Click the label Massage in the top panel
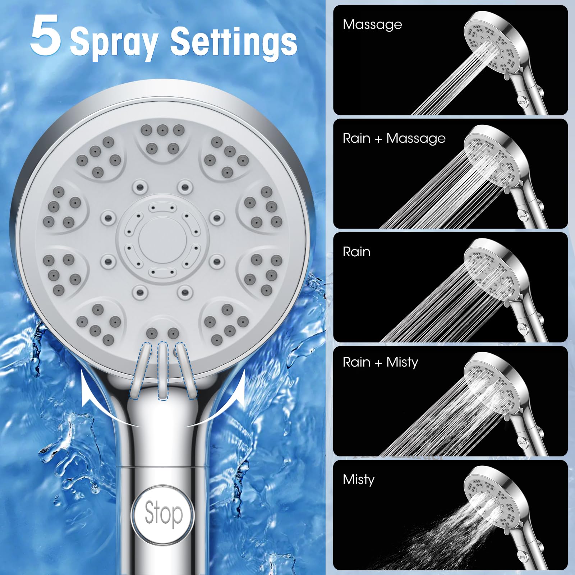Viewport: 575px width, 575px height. [x=372, y=24]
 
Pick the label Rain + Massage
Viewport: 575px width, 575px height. [x=394, y=138]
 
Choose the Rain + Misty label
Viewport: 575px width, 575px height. [x=380, y=362]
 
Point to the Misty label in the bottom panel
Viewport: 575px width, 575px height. [x=359, y=479]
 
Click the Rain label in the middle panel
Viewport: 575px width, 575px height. [x=356, y=252]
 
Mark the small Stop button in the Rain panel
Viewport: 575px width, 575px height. [x=522, y=328]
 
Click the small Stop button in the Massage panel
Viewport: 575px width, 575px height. [x=522, y=102]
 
